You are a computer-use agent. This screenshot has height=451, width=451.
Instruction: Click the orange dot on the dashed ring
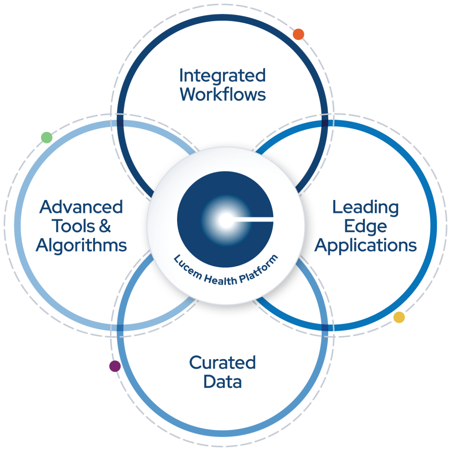pos(298,34)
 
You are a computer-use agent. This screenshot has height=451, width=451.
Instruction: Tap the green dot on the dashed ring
pos(47,138)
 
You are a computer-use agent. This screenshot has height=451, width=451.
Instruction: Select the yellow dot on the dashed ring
pos(399,317)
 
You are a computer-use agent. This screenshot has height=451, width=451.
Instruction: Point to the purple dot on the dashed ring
pos(115,366)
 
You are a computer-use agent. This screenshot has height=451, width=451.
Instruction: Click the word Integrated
pos(222,76)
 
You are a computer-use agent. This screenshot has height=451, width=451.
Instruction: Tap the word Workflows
pos(223,94)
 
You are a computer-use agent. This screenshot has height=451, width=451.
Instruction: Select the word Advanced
pos(81,207)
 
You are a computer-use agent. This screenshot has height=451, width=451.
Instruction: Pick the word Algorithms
pos(81,245)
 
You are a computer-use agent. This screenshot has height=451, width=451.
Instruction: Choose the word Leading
pos(365,207)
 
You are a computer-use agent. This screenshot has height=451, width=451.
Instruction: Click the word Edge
pos(365,227)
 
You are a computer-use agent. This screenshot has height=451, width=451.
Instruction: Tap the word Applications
pos(366,246)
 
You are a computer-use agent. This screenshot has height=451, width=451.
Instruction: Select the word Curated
pos(222,363)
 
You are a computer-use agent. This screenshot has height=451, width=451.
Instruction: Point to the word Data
pos(222,382)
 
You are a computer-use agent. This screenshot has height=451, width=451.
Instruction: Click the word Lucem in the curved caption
pos(187,266)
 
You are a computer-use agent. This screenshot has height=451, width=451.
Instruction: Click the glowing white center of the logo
pos(224,221)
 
